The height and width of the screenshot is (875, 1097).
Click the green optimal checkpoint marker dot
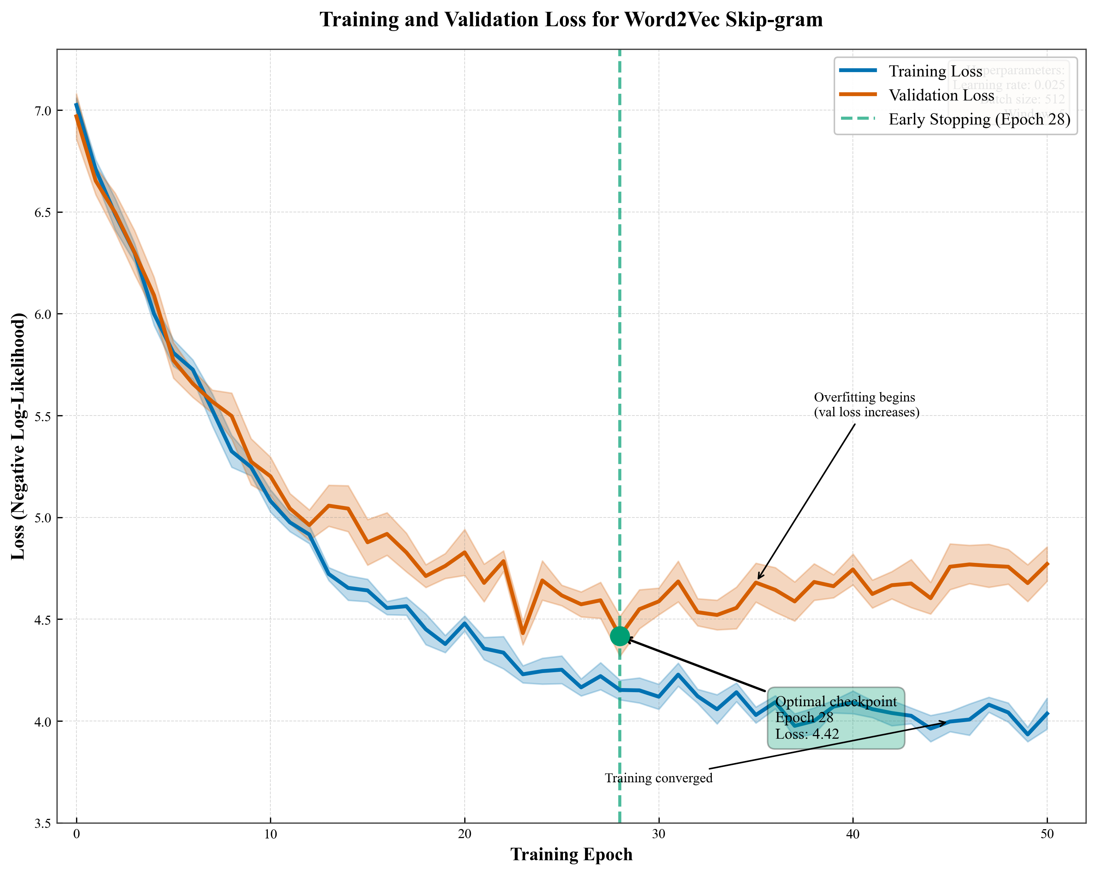(620, 636)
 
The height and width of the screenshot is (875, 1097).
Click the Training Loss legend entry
(935, 71)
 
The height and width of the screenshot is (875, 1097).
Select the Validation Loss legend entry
(941, 95)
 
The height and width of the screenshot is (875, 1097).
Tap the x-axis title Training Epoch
(571, 855)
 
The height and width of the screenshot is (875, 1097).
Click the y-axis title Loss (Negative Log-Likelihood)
(18, 437)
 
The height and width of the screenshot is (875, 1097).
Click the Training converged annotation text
(659, 778)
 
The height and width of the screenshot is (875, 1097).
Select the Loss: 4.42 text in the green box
(807, 734)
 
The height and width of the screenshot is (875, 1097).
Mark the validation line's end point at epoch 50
(1047, 564)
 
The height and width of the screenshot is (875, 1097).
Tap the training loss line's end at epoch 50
(1047, 713)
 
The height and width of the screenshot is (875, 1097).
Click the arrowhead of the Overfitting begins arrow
(758, 578)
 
